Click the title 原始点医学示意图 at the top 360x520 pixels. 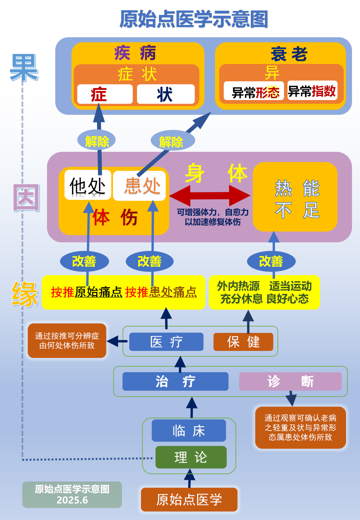point(194,19)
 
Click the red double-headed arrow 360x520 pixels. point(210,195)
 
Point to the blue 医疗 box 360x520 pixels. point(166,342)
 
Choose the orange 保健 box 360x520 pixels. point(243,342)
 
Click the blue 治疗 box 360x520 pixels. point(175,381)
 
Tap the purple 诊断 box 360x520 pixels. point(290,381)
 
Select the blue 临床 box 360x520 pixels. point(189,431)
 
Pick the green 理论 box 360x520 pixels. point(191,457)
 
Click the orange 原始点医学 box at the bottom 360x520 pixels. point(189,499)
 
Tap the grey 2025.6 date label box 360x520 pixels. point(72,495)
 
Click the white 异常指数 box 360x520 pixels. point(312,91)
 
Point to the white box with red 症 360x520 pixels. point(105,94)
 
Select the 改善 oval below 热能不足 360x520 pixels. point(271,261)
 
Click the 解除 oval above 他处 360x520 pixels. point(96,141)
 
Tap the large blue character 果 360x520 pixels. point(24,68)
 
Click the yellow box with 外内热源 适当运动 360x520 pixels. point(264,292)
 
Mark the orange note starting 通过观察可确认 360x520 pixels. point(300,427)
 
